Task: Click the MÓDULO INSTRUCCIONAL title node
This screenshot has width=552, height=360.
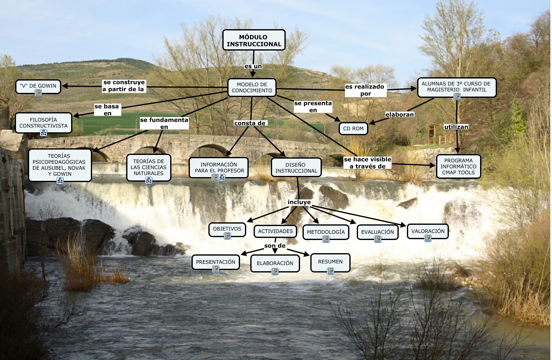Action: [x=254, y=40]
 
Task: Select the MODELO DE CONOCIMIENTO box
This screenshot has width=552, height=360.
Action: [x=252, y=87]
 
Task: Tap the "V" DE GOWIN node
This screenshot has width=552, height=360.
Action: [x=38, y=86]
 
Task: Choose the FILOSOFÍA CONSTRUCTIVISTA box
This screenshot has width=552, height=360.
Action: [x=43, y=122]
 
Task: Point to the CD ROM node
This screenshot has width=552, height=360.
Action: [x=353, y=129]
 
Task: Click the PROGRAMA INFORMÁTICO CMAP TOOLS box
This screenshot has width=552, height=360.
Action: [x=458, y=166]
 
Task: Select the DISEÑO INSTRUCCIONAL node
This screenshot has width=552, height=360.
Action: [x=296, y=168]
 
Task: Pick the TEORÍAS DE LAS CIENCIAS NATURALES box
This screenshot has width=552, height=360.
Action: [x=149, y=167]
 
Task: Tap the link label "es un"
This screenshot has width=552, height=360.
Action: [x=253, y=66]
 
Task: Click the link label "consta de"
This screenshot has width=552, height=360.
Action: [x=250, y=123]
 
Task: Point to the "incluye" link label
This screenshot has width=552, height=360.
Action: [x=299, y=202]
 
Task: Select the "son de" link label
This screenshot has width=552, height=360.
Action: [x=275, y=246]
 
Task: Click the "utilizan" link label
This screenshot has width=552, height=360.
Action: [x=456, y=127]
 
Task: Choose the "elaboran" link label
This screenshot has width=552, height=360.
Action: [x=399, y=114]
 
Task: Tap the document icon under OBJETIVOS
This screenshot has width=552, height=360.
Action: [x=227, y=236]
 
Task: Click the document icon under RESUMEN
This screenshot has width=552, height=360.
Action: [x=330, y=271]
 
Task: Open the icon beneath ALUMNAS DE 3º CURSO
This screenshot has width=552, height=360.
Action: [x=457, y=97]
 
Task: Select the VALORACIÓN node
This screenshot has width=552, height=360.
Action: [x=427, y=231]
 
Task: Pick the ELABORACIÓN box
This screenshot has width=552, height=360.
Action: [x=275, y=263]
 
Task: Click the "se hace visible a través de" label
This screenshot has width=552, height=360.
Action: [x=367, y=163]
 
